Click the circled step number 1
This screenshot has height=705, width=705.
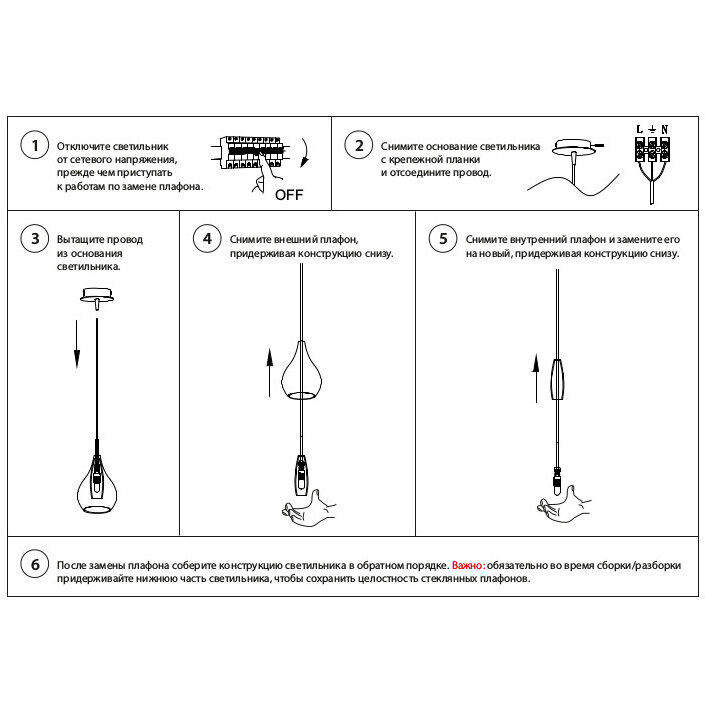[x=35, y=145]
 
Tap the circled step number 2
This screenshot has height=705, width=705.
[x=359, y=145]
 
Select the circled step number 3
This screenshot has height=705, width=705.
[x=35, y=238]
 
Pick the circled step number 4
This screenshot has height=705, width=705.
[x=207, y=238]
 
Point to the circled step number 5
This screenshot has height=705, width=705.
[x=443, y=238]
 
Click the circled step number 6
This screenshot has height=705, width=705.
[x=35, y=564]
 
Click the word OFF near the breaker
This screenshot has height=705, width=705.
[x=289, y=195]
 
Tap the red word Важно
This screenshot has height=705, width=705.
[x=468, y=565]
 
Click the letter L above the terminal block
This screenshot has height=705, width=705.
[x=639, y=129]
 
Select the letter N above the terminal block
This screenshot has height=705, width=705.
[x=665, y=129]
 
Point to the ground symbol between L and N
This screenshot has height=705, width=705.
[x=652, y=129]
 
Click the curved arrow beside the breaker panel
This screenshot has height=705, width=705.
[x=307, y=153]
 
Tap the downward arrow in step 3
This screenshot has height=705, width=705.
[x=77, y=344]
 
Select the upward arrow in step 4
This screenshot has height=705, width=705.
[x=269, y=372]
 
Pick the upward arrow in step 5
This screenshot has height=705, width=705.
[x=535, y=378]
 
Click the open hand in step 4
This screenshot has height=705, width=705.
[x=309, y=509]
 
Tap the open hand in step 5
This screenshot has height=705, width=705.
[x=564, y=504]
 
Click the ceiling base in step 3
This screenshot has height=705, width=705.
[x=97, y=297]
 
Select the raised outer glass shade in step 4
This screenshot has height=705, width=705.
[x=301, y=370]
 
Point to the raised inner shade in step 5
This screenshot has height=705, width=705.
[x=558, y=379]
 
